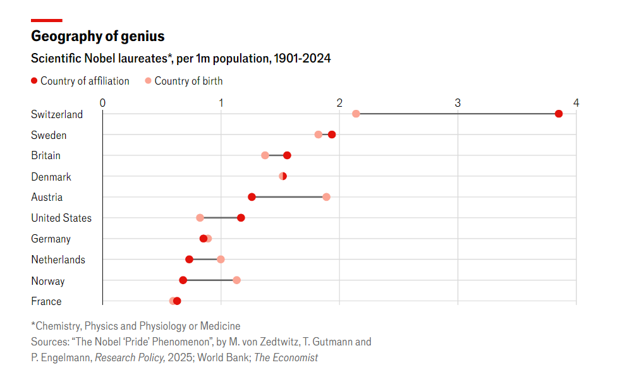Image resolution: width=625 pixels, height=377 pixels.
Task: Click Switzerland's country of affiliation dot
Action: click(x=559, y=114)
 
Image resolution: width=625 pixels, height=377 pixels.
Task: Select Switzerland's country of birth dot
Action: click(x=356, y=114)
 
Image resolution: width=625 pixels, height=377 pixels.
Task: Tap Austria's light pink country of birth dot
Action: click(x=326, y=197)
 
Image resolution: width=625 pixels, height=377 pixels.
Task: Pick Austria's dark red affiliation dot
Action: click(x=252, y=197)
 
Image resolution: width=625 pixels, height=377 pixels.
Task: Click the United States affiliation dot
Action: click(x=241, y=218)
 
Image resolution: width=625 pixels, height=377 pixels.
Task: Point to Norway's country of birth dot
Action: click(x=236, y=280)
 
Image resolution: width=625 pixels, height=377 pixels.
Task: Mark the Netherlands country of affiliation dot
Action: click(x=189, y=260)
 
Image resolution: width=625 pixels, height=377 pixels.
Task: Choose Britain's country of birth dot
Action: click(x=265, y=155)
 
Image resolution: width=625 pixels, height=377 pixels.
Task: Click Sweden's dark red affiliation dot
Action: click(x=332, y=135)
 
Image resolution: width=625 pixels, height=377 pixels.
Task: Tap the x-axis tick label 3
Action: click(x=458, y=102)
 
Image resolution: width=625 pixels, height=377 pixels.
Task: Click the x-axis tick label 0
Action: click(x=102, y=102)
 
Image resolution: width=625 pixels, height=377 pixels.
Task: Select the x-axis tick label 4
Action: click(x=576, y=102)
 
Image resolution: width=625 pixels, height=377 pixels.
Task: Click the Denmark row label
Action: click(x=51, y=177)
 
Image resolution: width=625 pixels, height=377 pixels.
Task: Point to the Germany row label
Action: click(x=51, y=239)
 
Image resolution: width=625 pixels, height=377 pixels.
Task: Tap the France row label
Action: click(x=46, y=301)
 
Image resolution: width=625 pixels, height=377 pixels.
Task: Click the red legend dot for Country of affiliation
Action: click(x=34, y=81)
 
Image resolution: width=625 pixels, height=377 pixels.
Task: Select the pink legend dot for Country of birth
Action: click(x=148, y=81)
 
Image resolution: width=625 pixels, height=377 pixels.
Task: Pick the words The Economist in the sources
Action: click(x=286, y=358)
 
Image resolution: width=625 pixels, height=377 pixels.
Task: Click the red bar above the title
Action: click(x=46, y=20)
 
